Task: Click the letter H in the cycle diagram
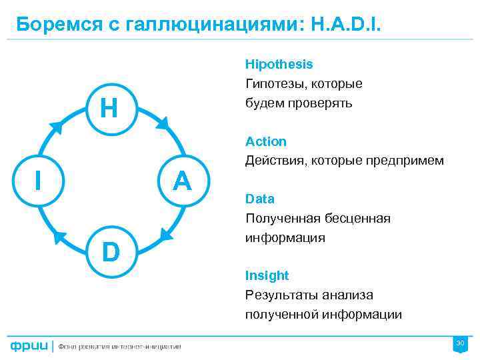pyautogui.click(x=109, y=107)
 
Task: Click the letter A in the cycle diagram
pyautogui.click(x=182, y=180)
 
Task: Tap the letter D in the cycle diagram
pyautogui.click(x=111, y=253)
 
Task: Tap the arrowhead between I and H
pyautogui.click(x=57, y=127)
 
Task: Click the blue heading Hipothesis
pyautogui.click(x=279, y=65)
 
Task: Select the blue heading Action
pyautogui.click(x=265, y=141)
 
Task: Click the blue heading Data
pyautogui.click(x=259, y=199)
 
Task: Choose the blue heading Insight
pyautogui.click(x=267, y=275)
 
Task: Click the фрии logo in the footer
pyautogui.click(x=29, y=345)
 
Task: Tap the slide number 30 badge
pyautogui.click(x=459, y=343)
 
